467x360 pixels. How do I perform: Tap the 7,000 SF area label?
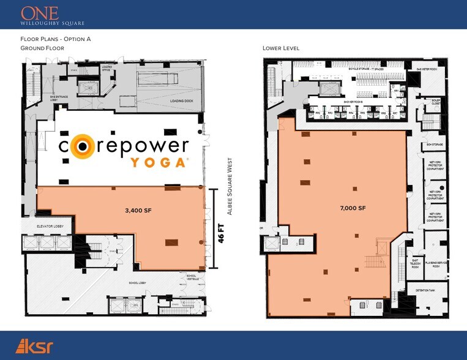coord(353,208)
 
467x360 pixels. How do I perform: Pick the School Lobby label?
coord(138,283)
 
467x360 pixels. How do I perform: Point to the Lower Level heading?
coord(280,48)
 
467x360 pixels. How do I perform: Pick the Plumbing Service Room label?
coord(436,263)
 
